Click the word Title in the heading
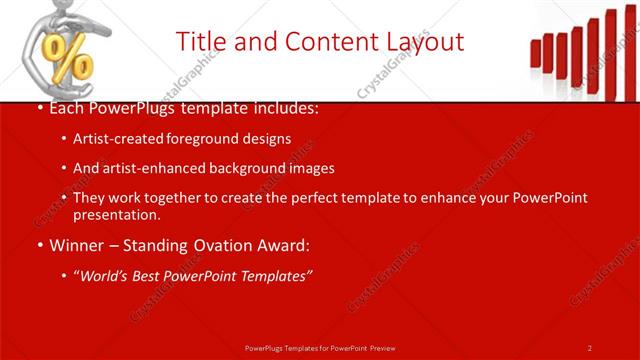(200, 42)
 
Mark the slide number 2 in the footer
(590, 347)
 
